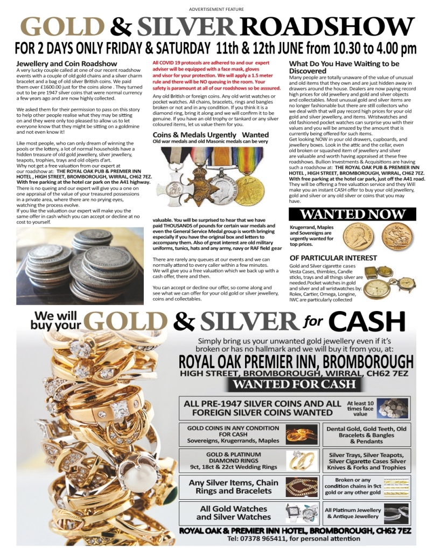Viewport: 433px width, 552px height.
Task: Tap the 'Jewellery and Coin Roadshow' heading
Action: tap(66, 64)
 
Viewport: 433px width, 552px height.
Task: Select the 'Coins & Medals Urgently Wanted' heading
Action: tap(210, 134)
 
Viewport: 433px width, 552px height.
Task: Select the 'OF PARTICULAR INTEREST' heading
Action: tap(333, 258)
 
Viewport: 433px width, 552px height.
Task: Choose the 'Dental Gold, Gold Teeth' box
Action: tap(367, 434)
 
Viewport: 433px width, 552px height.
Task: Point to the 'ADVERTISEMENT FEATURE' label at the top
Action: tap(216, 9)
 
